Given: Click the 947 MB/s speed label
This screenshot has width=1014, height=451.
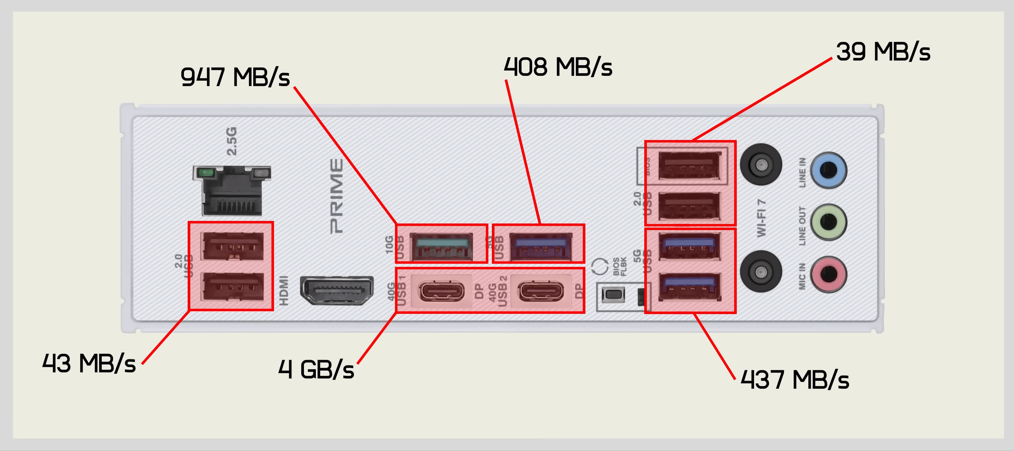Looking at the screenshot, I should [x=235, y=77].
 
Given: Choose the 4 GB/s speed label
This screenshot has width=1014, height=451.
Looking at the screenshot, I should [x=316, y=369].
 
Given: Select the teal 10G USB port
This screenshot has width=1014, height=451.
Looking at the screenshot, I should [x=441, y=246].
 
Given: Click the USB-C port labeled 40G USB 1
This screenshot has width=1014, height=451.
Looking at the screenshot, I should [x=441, y=292].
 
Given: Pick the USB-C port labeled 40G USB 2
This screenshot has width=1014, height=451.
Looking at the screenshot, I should [x=541, y=292].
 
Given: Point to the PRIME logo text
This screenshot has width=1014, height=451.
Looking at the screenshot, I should [x=337, y=196].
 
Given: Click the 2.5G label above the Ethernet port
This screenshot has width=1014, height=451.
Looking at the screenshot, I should [x=232, y=141].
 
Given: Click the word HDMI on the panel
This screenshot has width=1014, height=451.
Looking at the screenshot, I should [x=284, y=290].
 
